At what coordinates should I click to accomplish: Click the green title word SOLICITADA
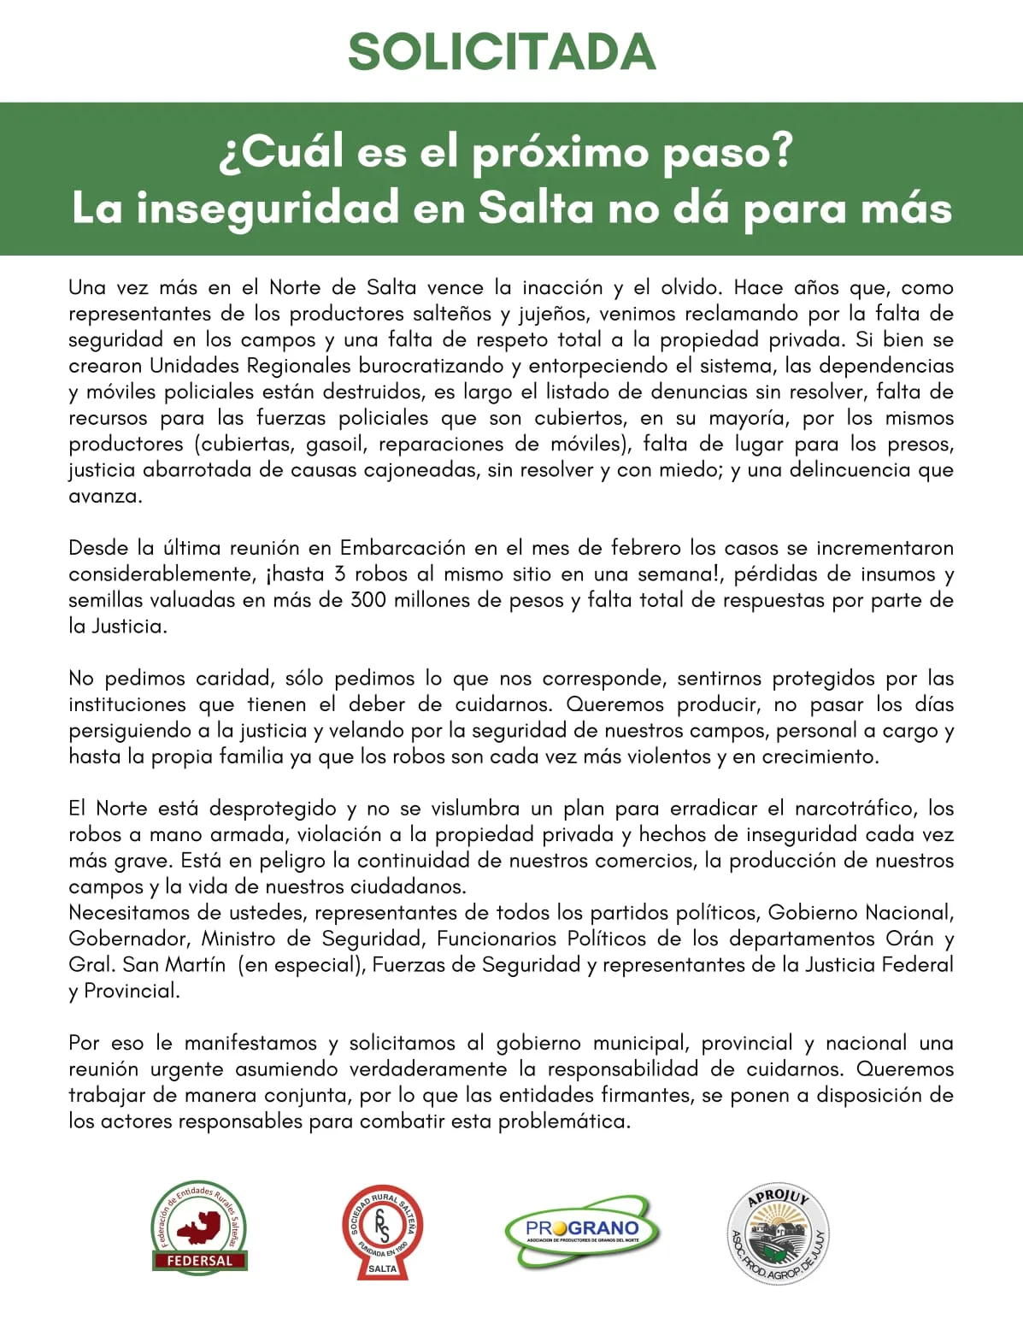[x=502, y=52]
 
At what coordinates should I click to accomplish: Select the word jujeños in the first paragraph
[x=555, y=314]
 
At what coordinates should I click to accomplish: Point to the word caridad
[x=230, y=679]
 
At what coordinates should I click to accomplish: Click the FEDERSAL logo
[x=199, y=1229]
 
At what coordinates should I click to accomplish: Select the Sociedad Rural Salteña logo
[x=382, y=1231]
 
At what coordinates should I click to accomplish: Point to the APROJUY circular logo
[x=778, y=1234]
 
